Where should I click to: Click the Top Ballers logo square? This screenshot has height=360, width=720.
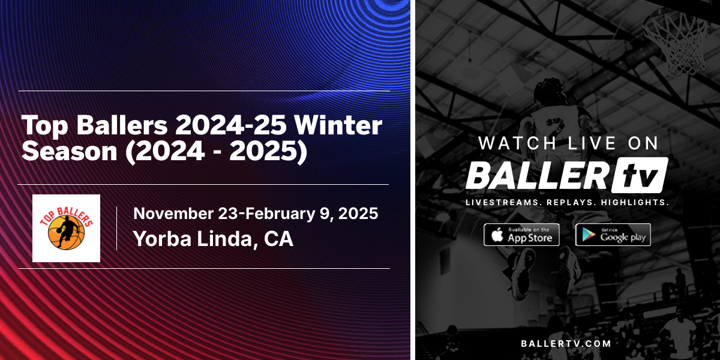click(66, 227)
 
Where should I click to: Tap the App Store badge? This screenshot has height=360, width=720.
click(521, 235)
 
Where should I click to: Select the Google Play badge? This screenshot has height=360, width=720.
click(613, 235)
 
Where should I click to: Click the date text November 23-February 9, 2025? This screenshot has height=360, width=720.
click(256, 213)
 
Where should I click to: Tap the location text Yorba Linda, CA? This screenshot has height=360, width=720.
click(213, 239)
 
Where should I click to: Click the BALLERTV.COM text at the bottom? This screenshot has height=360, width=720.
click(567, 344)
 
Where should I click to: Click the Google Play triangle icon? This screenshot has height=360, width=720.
click(588, 235)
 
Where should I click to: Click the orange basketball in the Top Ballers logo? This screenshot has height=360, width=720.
click(66, 234)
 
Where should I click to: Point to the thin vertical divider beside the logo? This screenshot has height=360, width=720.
click(116, 228)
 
